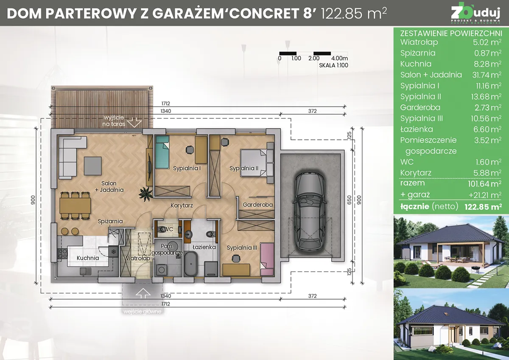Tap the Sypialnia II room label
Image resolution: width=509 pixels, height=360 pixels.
coord(244,169)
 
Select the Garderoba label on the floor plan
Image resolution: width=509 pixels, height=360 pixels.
coord(257,205)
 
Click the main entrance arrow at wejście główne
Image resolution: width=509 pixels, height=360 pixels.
coord(143,293)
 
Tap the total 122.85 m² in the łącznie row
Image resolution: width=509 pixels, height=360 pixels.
coord(483,207)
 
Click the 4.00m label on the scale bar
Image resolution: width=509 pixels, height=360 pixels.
coord(340,58)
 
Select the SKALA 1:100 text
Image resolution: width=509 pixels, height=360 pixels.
coord(333,65)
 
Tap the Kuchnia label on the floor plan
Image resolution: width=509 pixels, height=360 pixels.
coord(87,258)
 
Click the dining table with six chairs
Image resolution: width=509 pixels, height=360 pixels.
coord(75,206)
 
